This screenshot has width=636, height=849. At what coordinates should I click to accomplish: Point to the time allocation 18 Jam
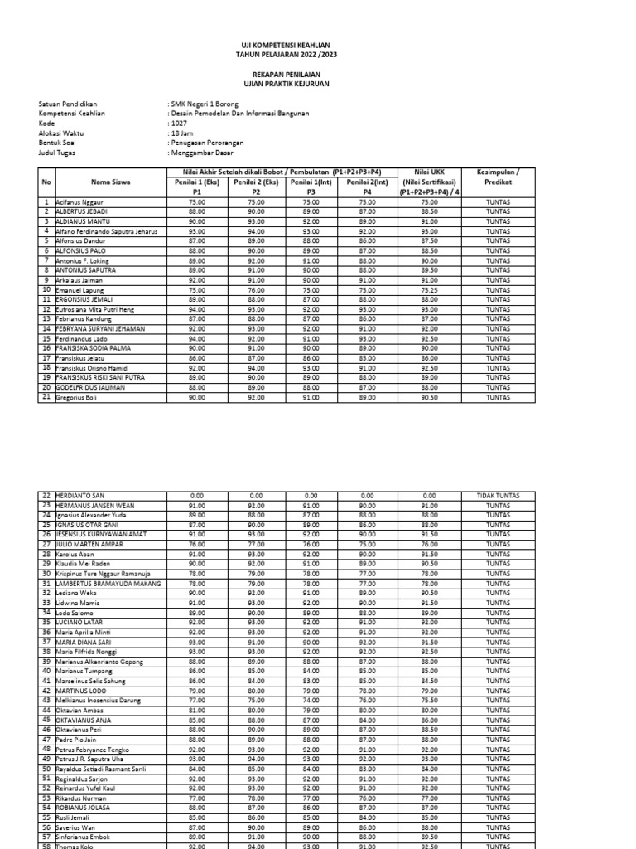[181, 133]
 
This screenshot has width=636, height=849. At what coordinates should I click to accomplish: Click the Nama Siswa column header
[110, 182]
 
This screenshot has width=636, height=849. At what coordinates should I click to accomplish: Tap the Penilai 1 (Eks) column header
[197, 182]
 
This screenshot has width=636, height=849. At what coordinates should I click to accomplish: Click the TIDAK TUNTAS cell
[498, 496]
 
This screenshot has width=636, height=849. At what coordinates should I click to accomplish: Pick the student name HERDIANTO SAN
[83, 496]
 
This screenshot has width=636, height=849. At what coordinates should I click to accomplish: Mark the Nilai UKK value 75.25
[429, 290]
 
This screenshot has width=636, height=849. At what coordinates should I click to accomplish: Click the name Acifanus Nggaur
[79, 201]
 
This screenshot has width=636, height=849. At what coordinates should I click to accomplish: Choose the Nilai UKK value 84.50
[429, 681]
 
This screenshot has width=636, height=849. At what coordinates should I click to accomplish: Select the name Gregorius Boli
[77, 398]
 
